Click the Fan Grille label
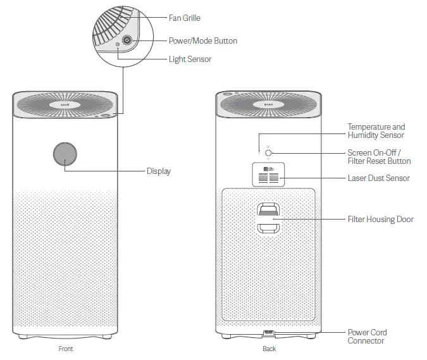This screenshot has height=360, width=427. [184, 18]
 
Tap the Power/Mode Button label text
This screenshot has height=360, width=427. [202, 41]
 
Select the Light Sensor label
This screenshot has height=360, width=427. [190, 59]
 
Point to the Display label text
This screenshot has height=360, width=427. [158, 171]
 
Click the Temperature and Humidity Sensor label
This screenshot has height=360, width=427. [376, 131]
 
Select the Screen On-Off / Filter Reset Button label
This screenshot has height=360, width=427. [379, 157]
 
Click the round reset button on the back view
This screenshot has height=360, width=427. [268, 152]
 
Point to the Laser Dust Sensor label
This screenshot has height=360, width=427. [378, 178]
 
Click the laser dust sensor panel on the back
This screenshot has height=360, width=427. [269, 174]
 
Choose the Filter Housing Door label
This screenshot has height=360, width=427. [380, 220]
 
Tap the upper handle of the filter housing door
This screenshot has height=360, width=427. [269, 209]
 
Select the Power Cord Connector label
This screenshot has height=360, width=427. [367, 337]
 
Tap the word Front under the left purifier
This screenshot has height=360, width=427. [66, 349]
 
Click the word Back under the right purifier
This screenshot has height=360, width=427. [269, 349]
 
